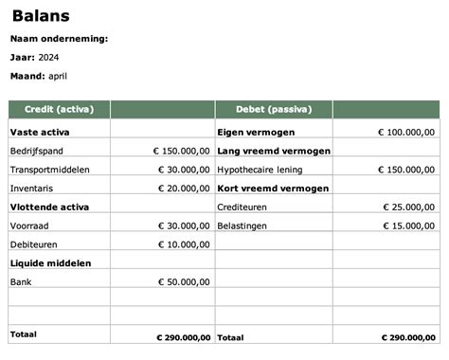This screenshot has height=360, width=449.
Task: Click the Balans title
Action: click(x=41, y=16)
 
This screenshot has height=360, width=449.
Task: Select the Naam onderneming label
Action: click(x=59, y=39)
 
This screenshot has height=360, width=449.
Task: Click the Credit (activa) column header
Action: click(x=59, y=109)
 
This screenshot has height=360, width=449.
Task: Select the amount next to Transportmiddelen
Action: click(x=183, y=170)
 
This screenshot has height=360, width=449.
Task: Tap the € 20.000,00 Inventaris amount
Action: click(x=183, y=189)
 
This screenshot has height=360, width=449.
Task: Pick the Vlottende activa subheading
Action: click(x=48, y=207)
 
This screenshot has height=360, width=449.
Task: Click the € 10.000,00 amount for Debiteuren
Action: click(x=183, y=244)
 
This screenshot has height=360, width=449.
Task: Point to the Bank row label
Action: click(x=21, y=281)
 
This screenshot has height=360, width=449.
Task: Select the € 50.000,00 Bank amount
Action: click(x=183, y=281)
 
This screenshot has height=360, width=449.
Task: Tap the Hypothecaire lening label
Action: click(x=260, y=170)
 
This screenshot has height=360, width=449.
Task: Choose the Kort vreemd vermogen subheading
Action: click(x=273, y=189)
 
